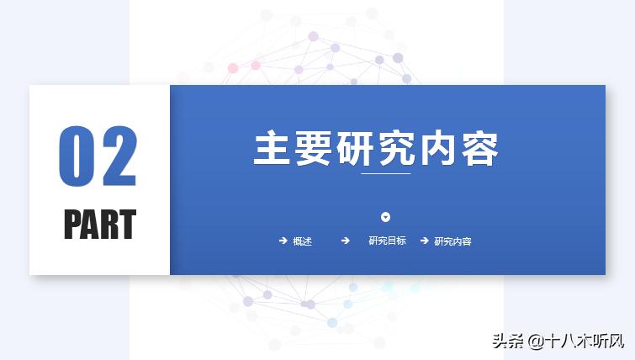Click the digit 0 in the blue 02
pos(76,157)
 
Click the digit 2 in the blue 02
pos(118,157)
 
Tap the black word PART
pos(99,225)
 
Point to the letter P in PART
pos(73,225)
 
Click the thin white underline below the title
pos(385,173)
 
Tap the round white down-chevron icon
pos(385,217)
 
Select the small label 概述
pos(302,241)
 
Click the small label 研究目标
pos(387,241)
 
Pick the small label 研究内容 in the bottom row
pos(452,241)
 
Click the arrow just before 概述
pos(283,241)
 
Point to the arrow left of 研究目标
pos(345,241)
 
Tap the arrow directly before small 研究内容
pos(424,241)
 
